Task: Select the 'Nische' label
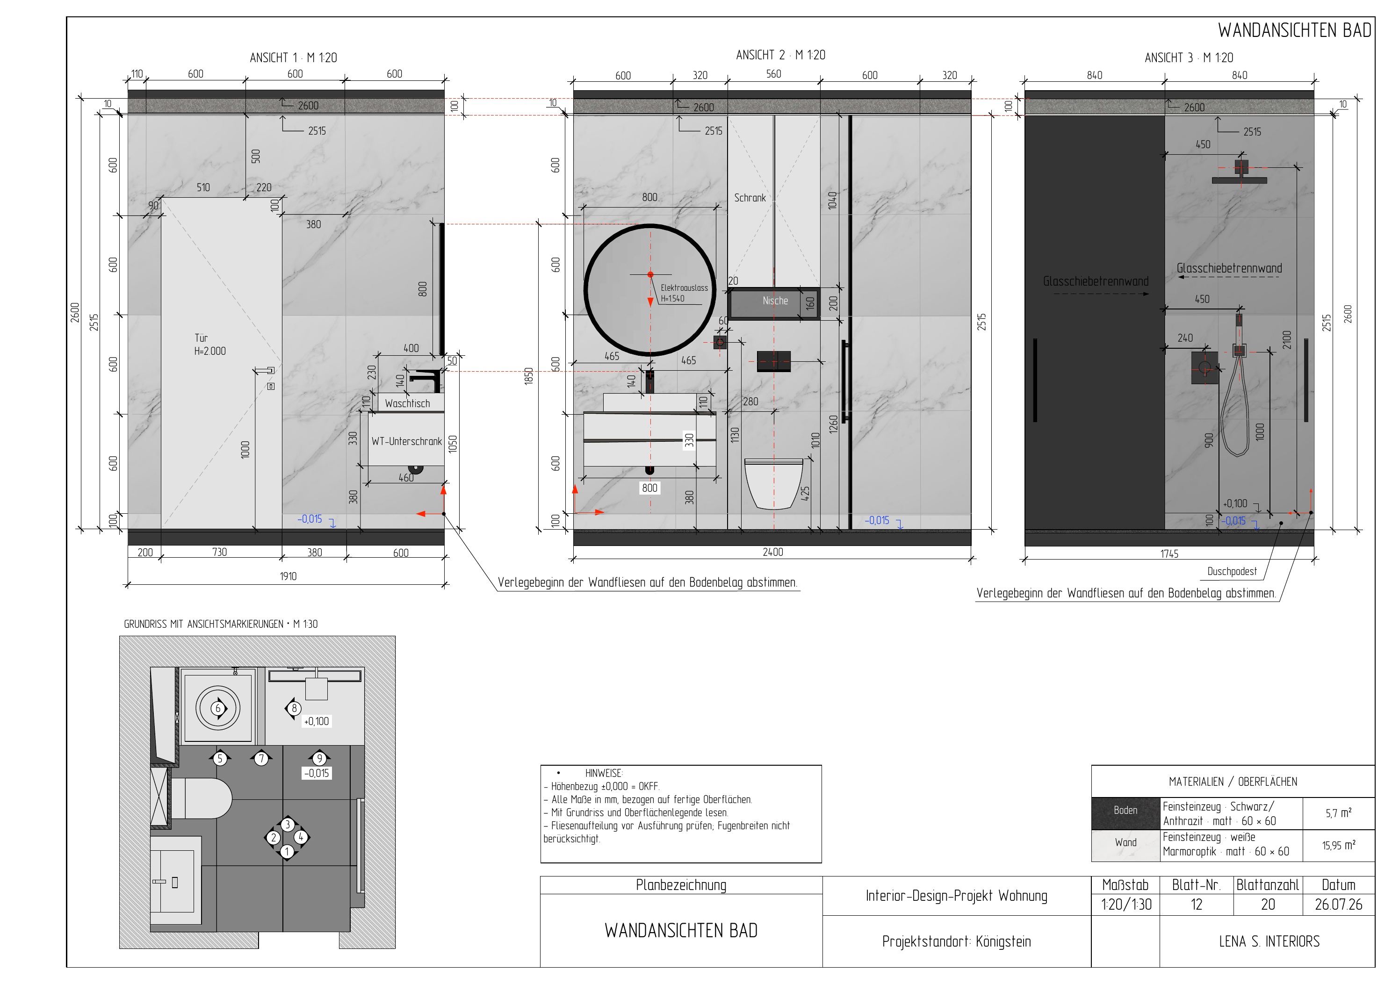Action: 775,301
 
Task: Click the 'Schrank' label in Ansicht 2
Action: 750,198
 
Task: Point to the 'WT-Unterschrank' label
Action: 407,441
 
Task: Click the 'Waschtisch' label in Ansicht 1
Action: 407,403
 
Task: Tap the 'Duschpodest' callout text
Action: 1232,571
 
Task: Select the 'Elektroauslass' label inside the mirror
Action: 685,288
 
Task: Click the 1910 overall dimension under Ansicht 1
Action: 288,576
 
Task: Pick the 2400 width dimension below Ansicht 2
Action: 772,552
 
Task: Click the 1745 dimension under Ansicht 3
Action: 1169,553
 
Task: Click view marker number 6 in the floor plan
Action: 218,708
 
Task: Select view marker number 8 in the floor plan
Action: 294,708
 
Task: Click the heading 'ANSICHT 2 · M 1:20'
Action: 780,55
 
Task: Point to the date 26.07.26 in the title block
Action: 1339,904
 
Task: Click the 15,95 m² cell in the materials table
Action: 1339,845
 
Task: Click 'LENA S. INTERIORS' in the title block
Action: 1269,941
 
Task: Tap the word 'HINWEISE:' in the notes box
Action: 604,773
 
